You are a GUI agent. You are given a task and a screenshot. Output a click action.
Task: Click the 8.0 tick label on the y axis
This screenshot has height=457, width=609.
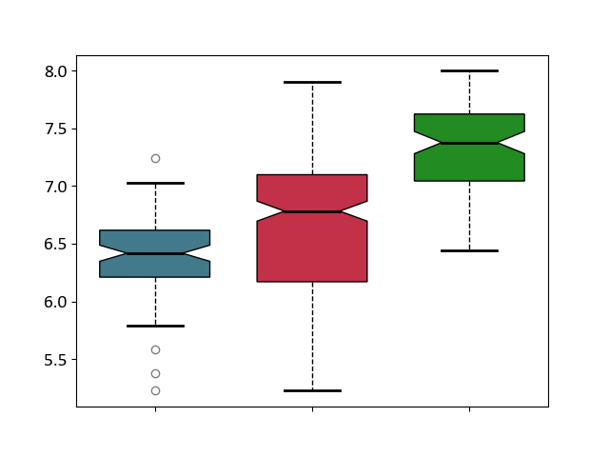55,71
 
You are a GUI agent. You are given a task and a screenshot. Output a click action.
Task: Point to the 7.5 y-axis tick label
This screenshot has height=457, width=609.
55,129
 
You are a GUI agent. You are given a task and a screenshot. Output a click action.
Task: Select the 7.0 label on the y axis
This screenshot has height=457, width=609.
55,187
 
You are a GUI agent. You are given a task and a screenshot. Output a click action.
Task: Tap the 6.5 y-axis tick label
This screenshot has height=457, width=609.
55,245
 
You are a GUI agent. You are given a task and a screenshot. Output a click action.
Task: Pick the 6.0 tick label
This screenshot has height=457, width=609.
55,303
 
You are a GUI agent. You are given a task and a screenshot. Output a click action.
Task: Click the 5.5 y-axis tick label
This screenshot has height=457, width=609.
55,360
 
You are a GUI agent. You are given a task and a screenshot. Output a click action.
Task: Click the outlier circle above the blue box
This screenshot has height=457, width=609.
155,159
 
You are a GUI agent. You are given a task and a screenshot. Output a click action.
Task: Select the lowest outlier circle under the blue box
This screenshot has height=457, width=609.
155,391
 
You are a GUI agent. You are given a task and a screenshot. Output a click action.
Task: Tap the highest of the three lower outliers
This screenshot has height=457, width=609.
155,350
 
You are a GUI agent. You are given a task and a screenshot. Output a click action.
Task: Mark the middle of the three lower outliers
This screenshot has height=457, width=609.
155,374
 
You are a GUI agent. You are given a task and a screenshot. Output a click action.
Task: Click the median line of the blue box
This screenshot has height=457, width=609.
155,254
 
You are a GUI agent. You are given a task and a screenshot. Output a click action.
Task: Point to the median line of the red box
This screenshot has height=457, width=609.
313,211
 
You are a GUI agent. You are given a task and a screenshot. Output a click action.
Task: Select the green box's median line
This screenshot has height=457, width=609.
469,143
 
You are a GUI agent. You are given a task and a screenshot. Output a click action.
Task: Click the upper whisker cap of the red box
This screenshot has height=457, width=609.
313,83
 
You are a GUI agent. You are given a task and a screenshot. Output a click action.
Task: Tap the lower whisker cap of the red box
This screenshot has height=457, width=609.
313,391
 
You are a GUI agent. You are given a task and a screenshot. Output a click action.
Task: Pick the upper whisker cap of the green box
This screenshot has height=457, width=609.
469,71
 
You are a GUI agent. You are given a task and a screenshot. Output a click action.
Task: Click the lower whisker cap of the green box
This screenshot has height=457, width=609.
469,251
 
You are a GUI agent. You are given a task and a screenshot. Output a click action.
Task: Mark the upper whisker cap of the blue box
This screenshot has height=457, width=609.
155,183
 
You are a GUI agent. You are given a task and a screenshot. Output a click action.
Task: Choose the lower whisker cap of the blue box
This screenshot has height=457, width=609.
155,326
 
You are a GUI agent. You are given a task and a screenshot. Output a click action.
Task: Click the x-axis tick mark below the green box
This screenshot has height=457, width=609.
469,409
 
